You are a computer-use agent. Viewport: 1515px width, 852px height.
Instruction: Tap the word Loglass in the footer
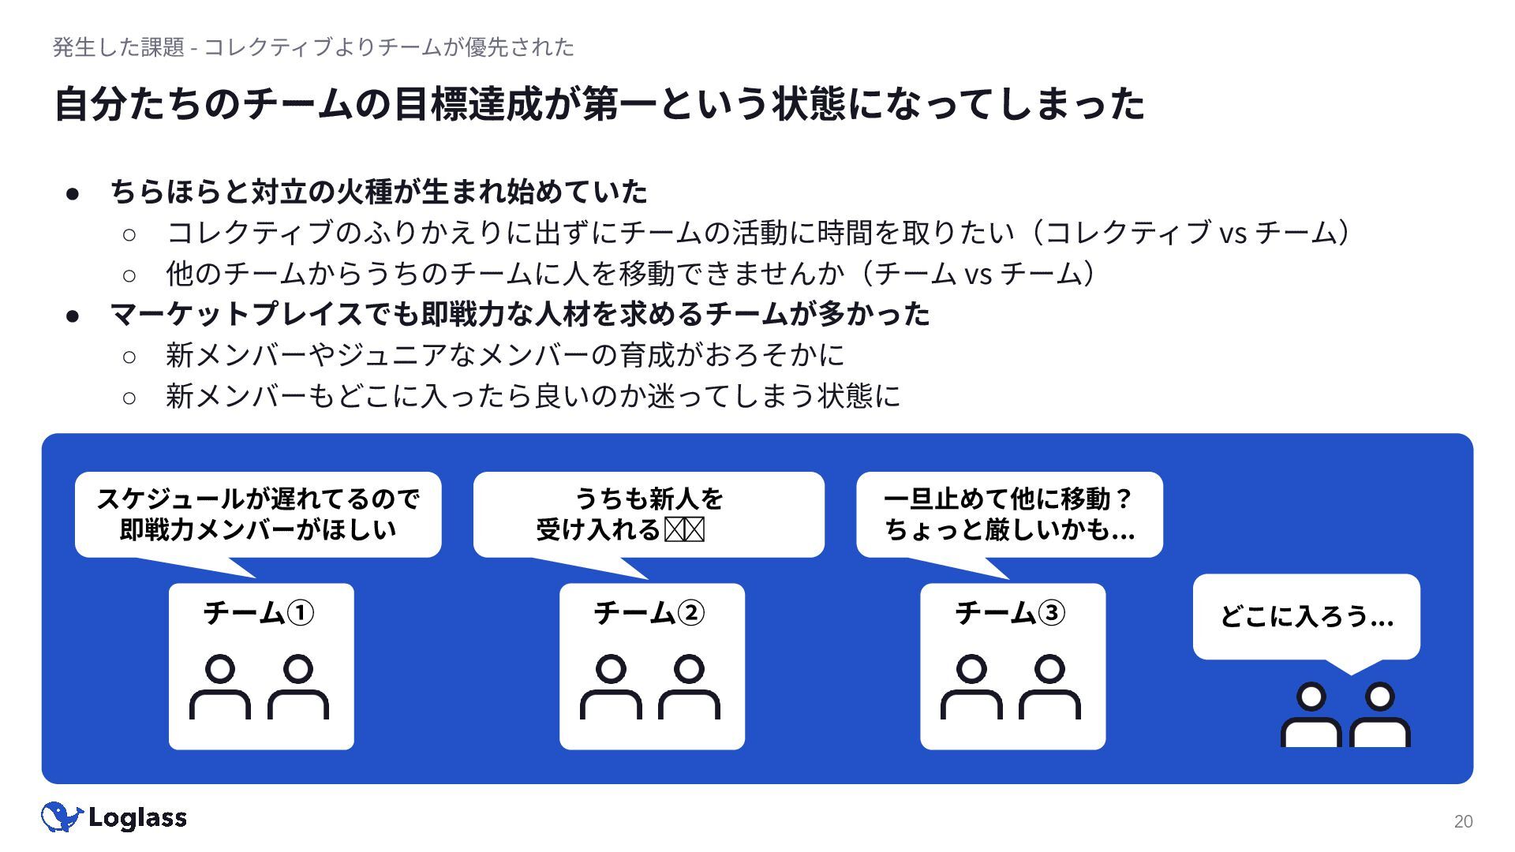[137, 818]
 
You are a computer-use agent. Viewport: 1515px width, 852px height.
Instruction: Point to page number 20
[1463, 821]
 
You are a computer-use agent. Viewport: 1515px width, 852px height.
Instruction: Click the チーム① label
[259, 613]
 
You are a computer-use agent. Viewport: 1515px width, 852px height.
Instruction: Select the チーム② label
[649, 613]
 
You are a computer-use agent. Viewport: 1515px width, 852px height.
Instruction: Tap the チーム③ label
[1010, 613]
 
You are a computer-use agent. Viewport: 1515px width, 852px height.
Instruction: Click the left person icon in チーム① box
[220, 687]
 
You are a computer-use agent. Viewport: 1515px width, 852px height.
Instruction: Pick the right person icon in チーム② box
[689, 687]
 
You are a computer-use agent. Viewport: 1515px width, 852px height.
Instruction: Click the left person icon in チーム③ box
[971, 687]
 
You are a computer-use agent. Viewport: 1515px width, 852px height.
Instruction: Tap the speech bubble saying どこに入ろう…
[1306, 617]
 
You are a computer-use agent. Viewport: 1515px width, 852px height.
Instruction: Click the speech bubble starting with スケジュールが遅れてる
[258, 514]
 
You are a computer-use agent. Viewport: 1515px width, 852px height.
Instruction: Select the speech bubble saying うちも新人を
[649, 514]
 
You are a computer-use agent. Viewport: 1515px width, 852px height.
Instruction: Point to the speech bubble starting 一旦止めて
[1009, 514]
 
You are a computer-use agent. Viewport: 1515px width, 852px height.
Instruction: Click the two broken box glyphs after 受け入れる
[684, 529]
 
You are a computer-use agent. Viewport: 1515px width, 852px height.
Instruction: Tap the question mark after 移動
[1124, 499]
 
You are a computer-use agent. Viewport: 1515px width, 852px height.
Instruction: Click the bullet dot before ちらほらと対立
[73, 192]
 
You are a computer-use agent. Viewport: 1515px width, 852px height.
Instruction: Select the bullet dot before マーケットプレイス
[73, 316]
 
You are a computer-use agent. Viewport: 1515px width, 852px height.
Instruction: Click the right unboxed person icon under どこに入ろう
[1380, 715]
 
